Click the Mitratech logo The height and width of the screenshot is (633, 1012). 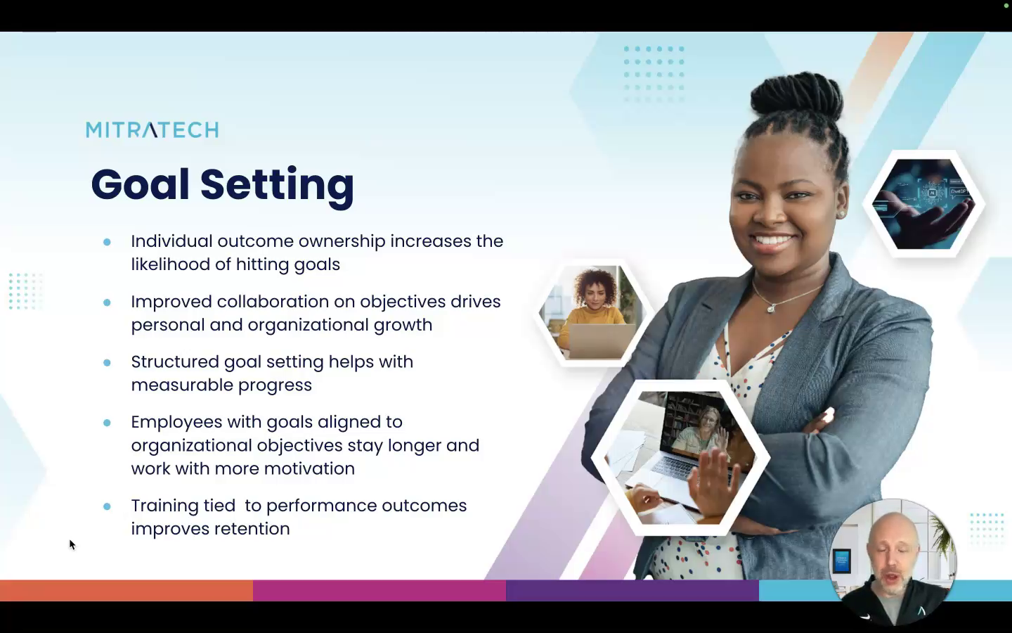point(153,129)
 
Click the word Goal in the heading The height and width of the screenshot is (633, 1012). point(140,185)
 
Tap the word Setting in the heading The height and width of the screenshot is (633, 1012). point(277,186)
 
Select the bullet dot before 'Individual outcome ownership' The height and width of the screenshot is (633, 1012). point(107,242)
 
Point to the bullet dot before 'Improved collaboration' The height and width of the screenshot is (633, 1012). point(107,302)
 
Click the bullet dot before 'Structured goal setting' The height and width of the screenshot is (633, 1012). point(107,363)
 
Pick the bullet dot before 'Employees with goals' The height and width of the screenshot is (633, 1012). point(107,423)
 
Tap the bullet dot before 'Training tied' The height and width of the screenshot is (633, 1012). point(107,506)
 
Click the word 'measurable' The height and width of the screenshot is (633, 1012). point(182,385)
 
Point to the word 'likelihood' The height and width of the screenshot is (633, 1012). point(171,264)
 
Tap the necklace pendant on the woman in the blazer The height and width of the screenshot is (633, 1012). point(772,308)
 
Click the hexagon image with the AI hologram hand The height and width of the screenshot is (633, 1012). point(923,204)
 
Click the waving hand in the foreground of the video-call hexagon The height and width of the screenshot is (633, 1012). point(714,482)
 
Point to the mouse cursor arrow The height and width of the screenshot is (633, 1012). point(72,545)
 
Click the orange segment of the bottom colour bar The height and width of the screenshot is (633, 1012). point(126,591)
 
